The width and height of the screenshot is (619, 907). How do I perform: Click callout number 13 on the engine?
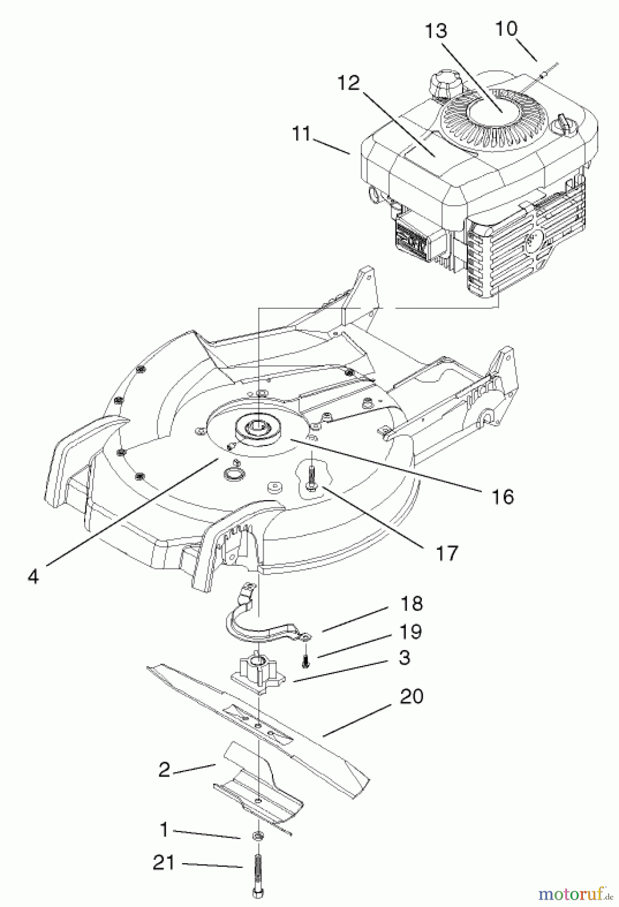tap(436, 31)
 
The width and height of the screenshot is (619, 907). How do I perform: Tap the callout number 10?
tap(506, 29)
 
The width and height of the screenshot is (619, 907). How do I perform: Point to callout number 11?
tap(301, 135)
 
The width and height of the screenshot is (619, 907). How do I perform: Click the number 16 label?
tap(502, 496)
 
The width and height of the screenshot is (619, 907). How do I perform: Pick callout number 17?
tap(447, 553)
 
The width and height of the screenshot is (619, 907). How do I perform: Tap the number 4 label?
tap(33, 576)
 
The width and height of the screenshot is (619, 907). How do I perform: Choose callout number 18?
tap(411, 603)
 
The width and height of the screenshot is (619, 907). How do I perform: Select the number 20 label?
tap(411, 696)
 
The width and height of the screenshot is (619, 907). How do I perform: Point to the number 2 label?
tap(164, 770)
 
